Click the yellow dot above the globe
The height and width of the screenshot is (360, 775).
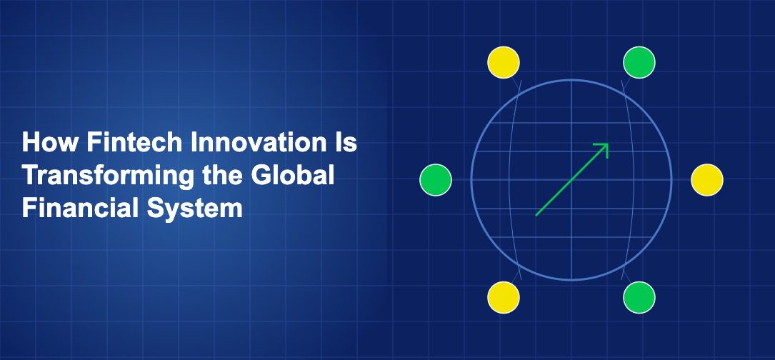503,62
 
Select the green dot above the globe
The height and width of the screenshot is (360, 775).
639,62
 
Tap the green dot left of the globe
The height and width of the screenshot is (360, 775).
436,180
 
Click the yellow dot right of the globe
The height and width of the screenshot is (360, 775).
707,180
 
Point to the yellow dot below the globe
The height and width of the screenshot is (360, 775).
503,297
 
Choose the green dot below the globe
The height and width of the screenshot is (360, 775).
639,297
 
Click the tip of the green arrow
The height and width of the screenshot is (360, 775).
607,144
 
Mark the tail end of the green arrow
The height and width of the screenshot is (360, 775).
536,215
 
